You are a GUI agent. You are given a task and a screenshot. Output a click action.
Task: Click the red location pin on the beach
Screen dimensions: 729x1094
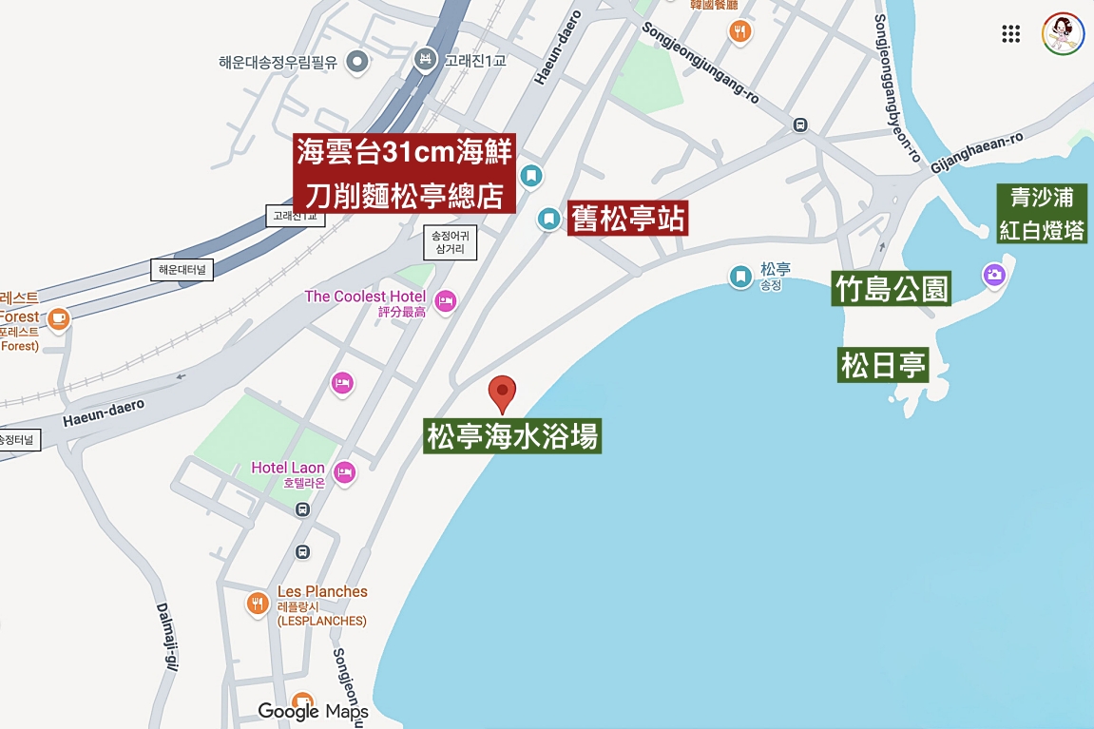(502, 393)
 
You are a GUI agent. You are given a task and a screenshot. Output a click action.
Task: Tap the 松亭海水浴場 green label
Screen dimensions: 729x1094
(512, 437)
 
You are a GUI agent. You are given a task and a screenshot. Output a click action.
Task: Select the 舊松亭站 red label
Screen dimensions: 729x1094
(627, 219)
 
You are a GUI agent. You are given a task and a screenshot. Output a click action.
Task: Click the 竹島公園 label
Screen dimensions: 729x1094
(892, 288)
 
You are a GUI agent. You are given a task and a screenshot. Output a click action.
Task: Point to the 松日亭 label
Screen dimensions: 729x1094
(883, 366)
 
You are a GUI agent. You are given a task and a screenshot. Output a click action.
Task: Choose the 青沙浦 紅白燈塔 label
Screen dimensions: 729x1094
(1042, 214)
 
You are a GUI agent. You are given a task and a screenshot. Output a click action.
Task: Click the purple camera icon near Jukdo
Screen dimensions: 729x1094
(995, 276)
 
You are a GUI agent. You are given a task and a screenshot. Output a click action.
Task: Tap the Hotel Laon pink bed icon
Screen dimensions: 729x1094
(344, 470)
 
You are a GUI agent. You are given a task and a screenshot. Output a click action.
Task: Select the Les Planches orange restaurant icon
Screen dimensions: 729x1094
(257, 603)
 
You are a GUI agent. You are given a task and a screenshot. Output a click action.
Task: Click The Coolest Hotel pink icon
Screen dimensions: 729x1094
(446, 302)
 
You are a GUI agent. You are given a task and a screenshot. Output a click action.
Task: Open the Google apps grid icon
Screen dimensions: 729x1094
(1011, 34)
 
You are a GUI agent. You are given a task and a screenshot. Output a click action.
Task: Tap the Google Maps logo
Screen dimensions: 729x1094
(313, 711)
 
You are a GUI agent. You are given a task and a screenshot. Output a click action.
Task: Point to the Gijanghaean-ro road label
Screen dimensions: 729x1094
(977, 152)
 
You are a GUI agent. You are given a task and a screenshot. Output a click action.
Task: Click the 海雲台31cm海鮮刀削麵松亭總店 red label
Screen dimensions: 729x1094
(405, 174)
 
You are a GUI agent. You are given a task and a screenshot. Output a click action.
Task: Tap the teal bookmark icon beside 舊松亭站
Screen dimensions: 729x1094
(548, 219)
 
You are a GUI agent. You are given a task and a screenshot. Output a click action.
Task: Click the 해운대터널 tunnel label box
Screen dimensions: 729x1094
(182, 270)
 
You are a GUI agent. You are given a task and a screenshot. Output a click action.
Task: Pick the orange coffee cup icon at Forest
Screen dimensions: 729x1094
(59, 317)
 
